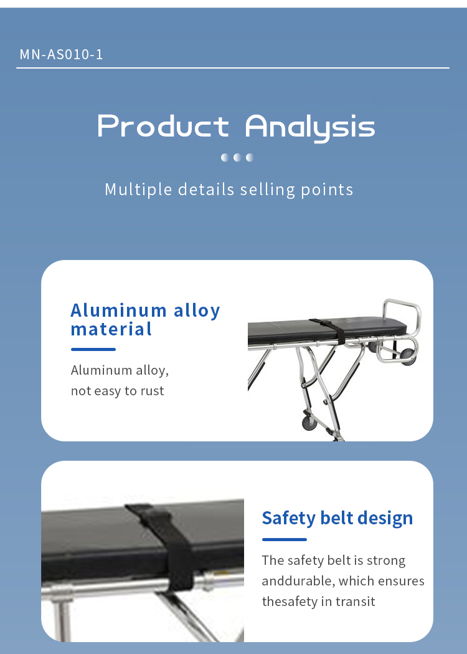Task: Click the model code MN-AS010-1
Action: pos(61,54)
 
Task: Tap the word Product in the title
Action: pos(163,125)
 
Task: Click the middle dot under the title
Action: pos(237,157)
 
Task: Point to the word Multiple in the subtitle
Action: pos(138,190)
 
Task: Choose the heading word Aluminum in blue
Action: pos(119,310)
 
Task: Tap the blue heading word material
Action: pos(111,329)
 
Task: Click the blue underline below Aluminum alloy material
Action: pos(93,349)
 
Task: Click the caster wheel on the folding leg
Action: pos(309,423)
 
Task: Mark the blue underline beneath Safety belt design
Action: pos(285,539)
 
